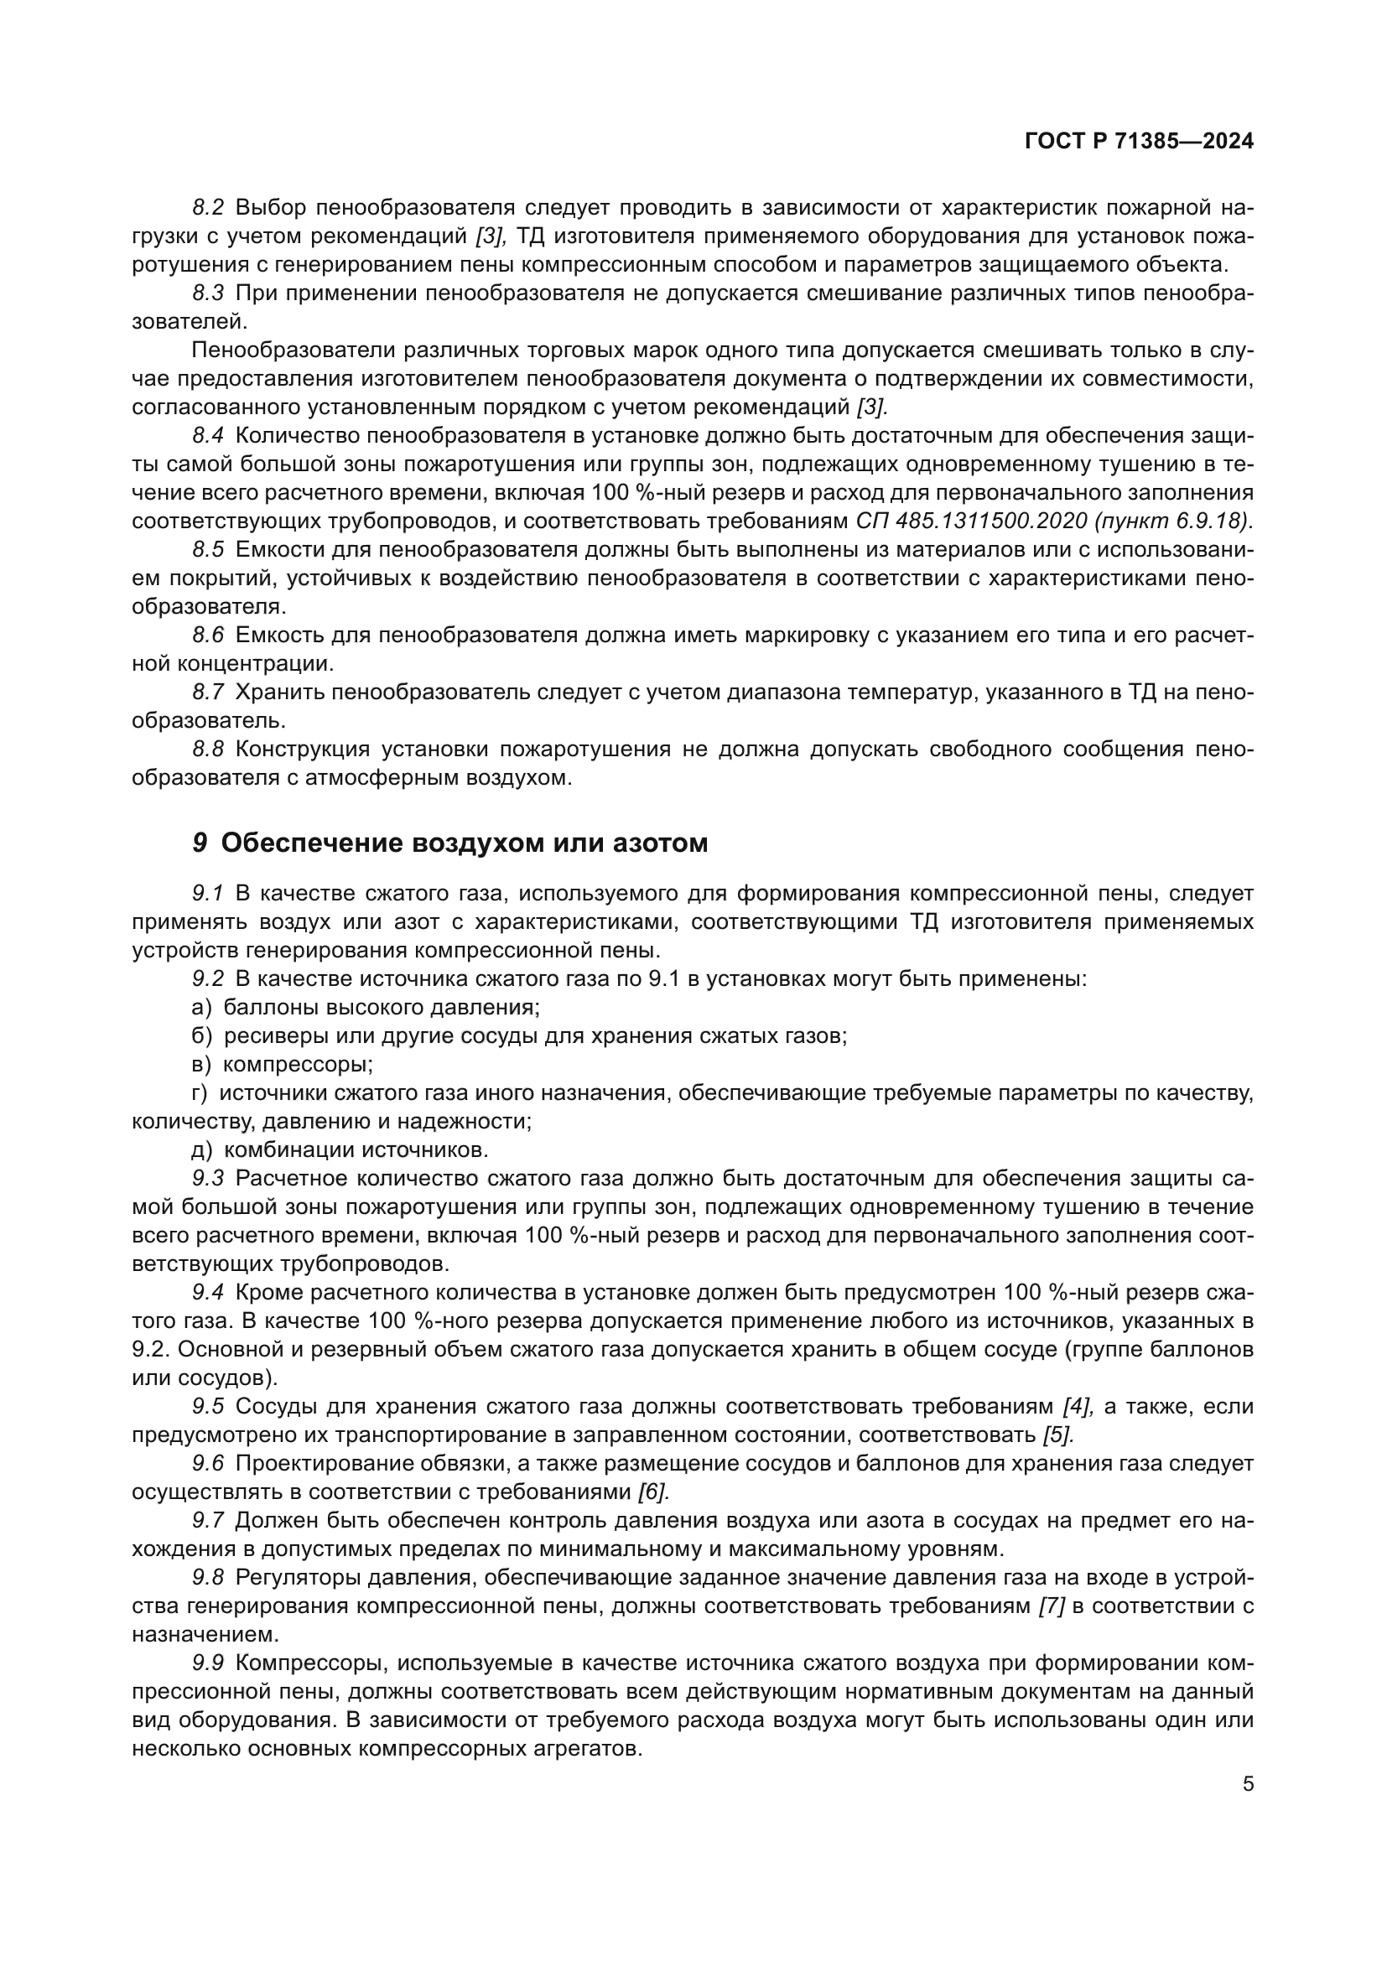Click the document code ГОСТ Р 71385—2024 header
pyautogui.click(x=1139, y=142)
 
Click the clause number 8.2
pyautogui.click(x=207, y=207)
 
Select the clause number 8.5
pyautogui.click(x=207, y=549)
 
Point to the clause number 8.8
pyautogui.click(x=207, y=749)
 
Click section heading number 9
pyautogui.click(x=199, y=843)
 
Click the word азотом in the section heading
pyautogui.click(x=661, y=843)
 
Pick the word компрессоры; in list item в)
pyautogui.click(x=298, y=1064)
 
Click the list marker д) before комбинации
pyautogui.click(x=201, y=1149)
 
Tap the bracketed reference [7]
pyautogui.click(x=1052, y=1606)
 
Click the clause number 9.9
pyautogui.click(x=207, y=1663)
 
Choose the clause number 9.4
pyautogui.click(x=207, y=1292)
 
